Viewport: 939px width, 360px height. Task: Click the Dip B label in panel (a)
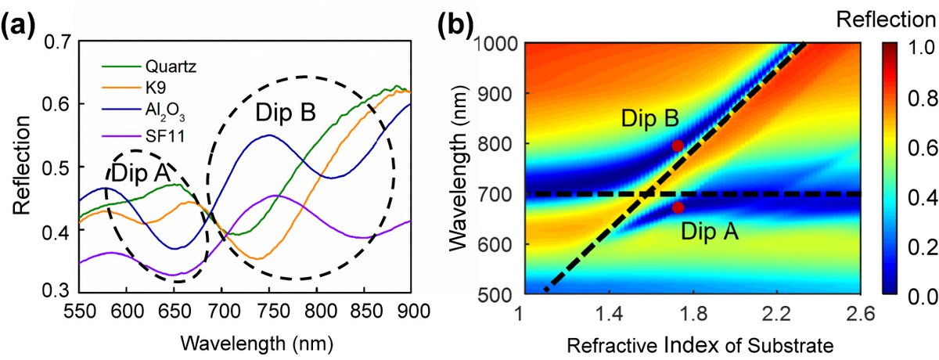tap(285, 114)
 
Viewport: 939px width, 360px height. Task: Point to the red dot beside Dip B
tap(678, 146)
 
